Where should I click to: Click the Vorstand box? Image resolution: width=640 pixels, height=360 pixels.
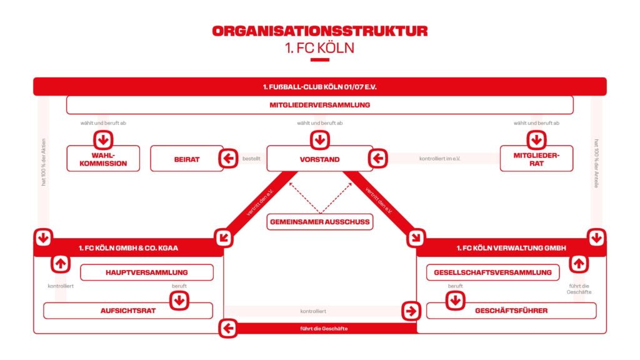point(319,159)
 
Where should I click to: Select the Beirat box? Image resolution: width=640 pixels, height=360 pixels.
point(187,159)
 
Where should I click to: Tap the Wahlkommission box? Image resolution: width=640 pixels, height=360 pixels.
point(103,159)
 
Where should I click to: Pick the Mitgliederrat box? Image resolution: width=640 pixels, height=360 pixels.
point(536,159)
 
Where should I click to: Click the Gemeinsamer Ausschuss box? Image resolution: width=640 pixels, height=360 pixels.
point(319,222)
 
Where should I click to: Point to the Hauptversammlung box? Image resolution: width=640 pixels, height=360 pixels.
point(147,272)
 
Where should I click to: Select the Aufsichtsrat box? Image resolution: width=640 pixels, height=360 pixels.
point(128,311)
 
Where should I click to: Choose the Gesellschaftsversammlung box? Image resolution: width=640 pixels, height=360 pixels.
point(492,272)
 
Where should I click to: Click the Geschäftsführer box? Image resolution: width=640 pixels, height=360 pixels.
point(511,311)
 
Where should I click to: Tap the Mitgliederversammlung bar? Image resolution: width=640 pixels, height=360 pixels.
point(319,105)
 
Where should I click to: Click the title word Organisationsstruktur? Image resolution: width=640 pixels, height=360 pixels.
point(319,31)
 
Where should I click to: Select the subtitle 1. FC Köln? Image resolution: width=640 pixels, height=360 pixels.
point(319,48)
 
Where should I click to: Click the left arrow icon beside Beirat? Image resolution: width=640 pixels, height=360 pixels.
point(228,158)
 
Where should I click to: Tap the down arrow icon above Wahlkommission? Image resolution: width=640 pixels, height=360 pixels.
point(103,140)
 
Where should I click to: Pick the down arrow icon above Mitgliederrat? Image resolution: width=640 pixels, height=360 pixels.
point(536,140)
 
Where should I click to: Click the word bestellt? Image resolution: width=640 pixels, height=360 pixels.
point(251,159)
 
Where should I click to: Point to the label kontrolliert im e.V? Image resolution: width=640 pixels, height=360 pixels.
point(439,159)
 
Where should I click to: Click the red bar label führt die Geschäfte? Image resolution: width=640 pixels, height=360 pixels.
point(324,329)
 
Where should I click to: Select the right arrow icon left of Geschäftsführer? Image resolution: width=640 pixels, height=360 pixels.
point(411,311)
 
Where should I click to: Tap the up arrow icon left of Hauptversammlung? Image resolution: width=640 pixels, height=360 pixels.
point(61,264)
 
